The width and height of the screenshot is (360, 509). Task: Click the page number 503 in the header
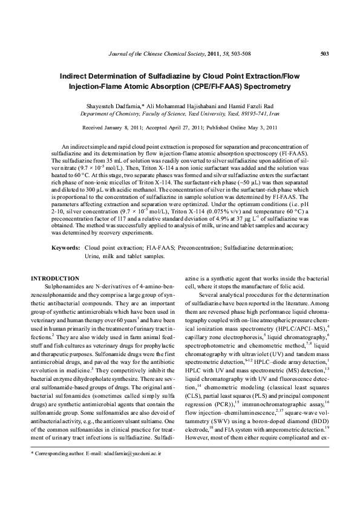pyautogui.click(x=324, y=54)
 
